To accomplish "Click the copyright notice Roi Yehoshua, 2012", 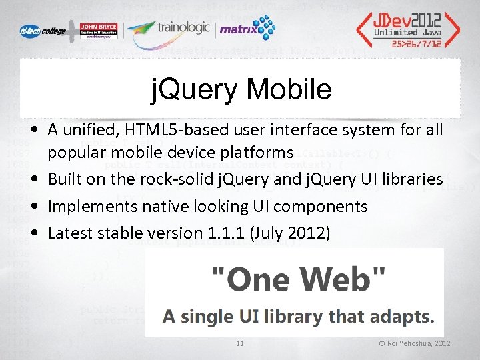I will [x=415, y=343].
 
